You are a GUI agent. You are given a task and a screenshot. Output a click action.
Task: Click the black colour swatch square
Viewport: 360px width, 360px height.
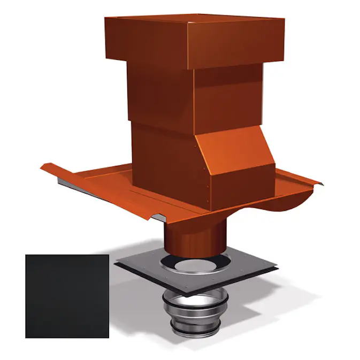tap(67, 296)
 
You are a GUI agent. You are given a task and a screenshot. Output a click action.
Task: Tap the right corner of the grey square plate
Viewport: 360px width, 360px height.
tap(278, 266)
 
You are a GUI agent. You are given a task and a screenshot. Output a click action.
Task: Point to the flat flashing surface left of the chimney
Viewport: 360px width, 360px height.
tap(107, 182)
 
